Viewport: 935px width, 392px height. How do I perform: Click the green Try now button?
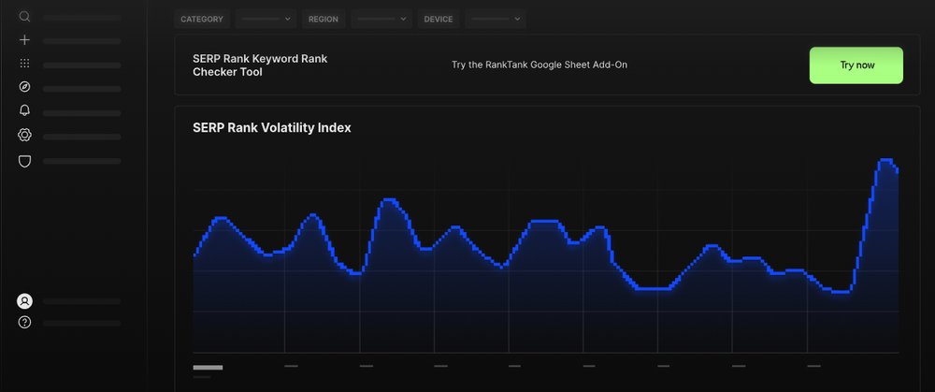click(x=856, y=65)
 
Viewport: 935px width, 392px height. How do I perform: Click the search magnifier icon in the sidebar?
click(x=25, y=17)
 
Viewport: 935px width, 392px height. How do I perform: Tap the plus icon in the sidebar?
click(x=25, y=40)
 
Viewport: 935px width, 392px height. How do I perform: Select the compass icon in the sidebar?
click(x=25, y=87)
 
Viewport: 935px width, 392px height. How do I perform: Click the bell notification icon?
click(x=25, y=111)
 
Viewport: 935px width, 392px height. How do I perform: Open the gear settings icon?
click(x=25, y=136)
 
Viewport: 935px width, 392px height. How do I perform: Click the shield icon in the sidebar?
click(x=25, y=161)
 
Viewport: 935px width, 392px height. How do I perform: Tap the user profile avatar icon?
click(x=25, y=301)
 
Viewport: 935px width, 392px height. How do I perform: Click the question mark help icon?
click(x=25, y=323)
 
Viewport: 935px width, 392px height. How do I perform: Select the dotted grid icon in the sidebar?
click(x=25, y=64)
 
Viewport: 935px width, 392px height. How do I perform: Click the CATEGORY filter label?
click(x=202, y=19)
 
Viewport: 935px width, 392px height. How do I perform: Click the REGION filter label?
click(x=324, y=19)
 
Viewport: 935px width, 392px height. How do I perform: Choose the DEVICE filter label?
click(x=439, y=19)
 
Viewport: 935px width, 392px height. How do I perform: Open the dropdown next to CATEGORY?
click(x=266, y=19)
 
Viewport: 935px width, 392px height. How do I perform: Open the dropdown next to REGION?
click(x=381, y=19)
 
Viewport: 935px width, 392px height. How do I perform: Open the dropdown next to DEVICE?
click(x=496, y=19)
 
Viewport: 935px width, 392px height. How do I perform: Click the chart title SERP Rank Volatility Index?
click(x=271, y=128)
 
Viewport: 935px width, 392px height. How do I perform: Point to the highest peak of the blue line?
click(x=885, y=161)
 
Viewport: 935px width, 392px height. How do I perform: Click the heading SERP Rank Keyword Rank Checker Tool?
click(x=259, y=65)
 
